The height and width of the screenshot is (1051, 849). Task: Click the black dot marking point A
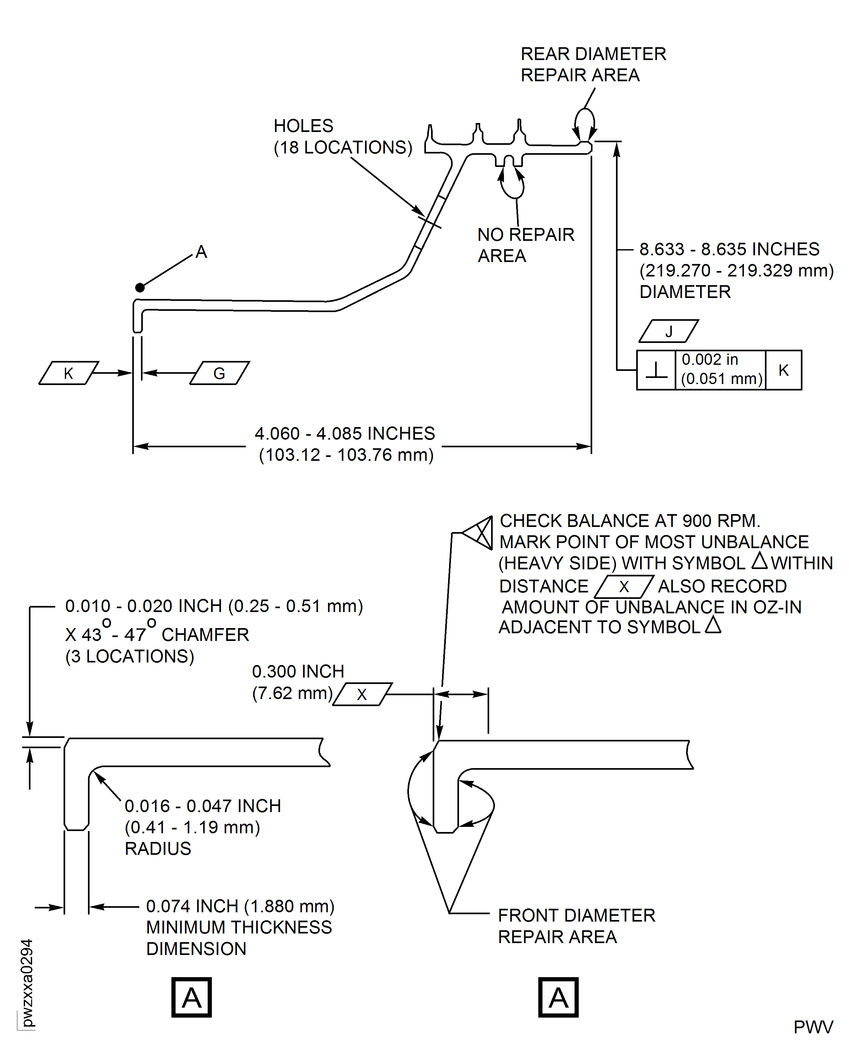tap(140, 287)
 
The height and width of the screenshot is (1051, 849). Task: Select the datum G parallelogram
tap(220, 373)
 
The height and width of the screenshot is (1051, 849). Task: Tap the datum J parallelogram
tap(669, 331)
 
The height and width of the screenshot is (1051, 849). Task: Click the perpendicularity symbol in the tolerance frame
tap(656, 370)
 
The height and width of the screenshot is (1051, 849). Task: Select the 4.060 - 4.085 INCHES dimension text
tap(344, 434)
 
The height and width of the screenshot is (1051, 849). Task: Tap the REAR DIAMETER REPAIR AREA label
tap(593, 64)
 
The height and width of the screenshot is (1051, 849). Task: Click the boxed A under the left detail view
tap(191, 997)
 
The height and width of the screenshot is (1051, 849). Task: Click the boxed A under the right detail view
tap(558, 997)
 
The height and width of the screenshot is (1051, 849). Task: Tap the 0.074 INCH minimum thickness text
tap(240, 906)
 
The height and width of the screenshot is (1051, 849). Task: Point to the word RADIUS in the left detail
tap(158, 848)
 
